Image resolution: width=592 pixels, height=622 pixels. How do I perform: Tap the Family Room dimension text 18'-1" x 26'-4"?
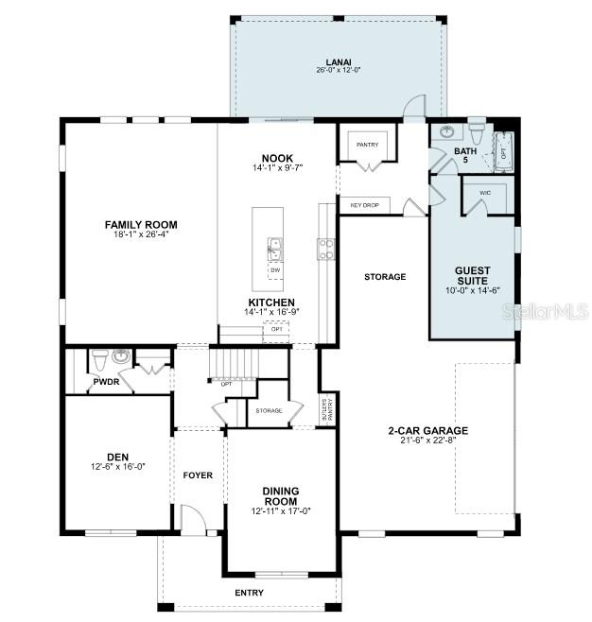[141, 234]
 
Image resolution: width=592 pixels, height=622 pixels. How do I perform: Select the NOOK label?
[277, 158]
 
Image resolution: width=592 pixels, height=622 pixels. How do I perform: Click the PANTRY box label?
[366, 145]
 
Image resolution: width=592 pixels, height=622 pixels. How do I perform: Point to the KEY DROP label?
[364, 204]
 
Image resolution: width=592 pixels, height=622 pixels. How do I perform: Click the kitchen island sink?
[275, 249]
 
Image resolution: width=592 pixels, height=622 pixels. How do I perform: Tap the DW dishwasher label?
[275, 270]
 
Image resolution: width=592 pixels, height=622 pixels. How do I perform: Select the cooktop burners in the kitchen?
[325, 249]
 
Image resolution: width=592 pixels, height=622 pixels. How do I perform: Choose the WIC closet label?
[485, 193]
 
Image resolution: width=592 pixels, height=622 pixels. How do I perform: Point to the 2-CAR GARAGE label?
[427, 431]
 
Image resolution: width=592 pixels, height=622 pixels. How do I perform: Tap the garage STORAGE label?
[385, 277]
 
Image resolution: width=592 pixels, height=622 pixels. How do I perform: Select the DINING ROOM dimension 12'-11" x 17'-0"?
[281, 510]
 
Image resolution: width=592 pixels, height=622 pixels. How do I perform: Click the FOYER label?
[198, 475]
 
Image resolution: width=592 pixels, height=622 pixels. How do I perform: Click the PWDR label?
[103, 383]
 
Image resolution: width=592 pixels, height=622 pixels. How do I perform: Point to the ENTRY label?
[250, 593]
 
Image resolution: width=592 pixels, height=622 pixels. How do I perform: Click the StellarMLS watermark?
[546, 311]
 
